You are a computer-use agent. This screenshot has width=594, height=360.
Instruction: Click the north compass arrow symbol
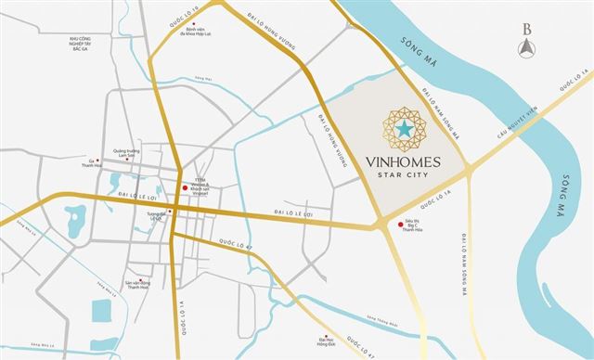pyautogui.click(x=526, y=49)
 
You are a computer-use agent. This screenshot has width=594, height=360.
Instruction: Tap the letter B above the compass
pyautogui.click(x=526, y=27)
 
